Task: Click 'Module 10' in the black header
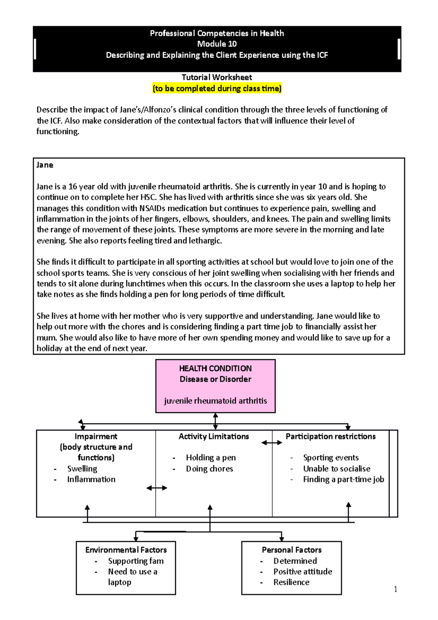tap(217, 44)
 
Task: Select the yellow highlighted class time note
tap(217, 88)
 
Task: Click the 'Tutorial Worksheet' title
tap(217, 77)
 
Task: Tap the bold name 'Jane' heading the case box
tap(45, 165)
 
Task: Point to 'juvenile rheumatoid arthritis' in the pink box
tap(215, 401)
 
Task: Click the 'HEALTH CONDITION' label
tap(215, 368)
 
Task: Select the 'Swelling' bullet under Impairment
tap(82, 468)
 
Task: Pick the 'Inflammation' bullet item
tap(91, 479)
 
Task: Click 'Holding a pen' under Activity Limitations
tap(211, 458)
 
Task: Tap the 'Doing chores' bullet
tap(210, 468)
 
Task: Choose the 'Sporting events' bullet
tap(331, 458)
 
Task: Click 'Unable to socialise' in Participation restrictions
tap(337, 468)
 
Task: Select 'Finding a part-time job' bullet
tap(343, 479)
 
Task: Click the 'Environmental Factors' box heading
tap(126, 550)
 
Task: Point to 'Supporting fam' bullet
tap(136, 561)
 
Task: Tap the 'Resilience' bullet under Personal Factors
tap(291, 582)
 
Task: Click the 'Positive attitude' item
tap(303, 571)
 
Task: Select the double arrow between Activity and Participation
tap(272, 443)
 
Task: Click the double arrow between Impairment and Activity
tap(157, 488)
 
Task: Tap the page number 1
tap(396, 589)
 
